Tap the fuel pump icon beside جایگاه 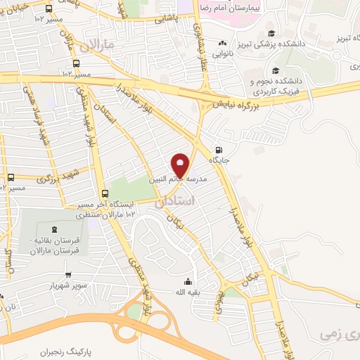(219, 149)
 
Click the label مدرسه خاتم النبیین (178, 180)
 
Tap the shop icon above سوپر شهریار (68, 275)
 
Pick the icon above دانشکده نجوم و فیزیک (275, 70)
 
